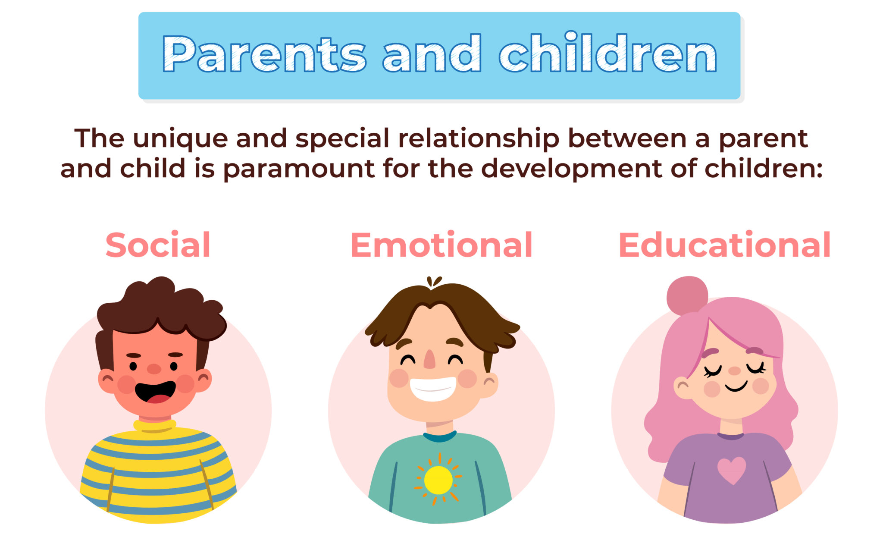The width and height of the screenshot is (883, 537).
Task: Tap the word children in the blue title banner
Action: point(607,54)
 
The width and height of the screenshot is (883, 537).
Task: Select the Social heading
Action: point(158,245)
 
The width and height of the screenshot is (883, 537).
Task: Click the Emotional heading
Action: point(441,245)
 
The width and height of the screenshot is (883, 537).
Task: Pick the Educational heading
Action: point(724,245)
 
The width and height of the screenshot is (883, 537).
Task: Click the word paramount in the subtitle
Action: point(298,169)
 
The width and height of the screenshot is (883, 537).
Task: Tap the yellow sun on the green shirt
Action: point(438,480)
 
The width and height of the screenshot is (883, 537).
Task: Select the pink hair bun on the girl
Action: point(686,295)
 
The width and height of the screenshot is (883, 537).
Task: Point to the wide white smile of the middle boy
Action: point(432,388)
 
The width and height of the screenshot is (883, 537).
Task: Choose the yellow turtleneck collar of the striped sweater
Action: point(154,425)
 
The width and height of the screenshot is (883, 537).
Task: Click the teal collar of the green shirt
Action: point(440,437)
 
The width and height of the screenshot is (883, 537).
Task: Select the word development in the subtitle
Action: point(571,169)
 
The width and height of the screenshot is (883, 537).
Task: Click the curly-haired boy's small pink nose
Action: point(154,369)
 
